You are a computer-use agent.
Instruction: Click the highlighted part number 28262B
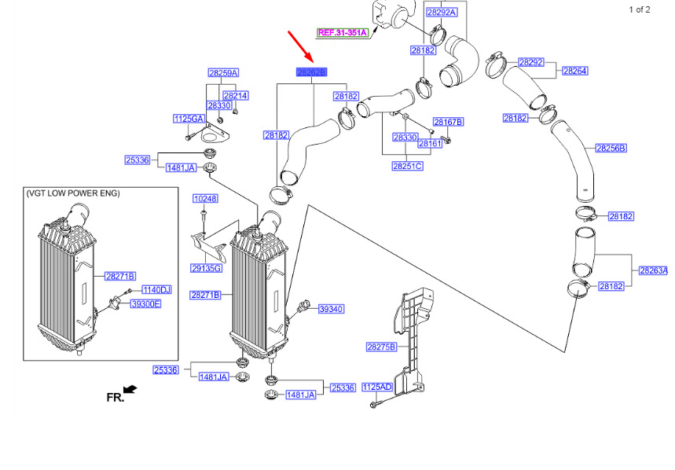(x=311, y=72)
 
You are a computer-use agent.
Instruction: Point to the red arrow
(x=301, y=46)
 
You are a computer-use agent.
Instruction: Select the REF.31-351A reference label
(x=343, y=33)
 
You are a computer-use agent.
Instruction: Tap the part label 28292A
(x=441, y=12)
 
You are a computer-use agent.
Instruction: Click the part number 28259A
(x=223, y=73)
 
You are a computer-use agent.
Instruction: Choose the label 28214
(x=236, y=95)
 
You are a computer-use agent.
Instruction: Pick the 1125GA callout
(x=189, y=119)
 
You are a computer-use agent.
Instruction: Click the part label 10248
(x=204, y=199)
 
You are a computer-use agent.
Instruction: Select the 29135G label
(x=206, y=269)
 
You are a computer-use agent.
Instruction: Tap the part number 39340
(x=331, y=310)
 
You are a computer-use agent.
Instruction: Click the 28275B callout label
(x=381, y=347)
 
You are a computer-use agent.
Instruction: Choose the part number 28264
(x=574, y=71)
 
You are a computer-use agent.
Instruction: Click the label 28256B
(x=611, y=148)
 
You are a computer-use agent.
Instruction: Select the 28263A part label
(x=653, y=270)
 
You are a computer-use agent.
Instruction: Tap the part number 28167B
(x=449, y=122)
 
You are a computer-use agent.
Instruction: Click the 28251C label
(x=407, y=166)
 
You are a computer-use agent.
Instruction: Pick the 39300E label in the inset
(x=145, y=303)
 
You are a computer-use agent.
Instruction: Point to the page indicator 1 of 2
(x=639, y=9)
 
